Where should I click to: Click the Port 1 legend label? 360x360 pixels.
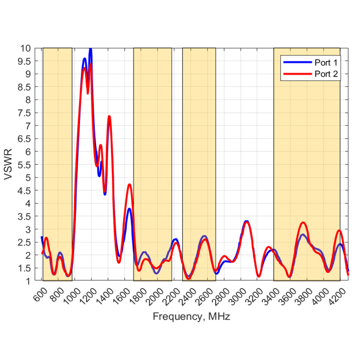(326, 62)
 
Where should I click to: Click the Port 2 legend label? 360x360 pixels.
(326, 74)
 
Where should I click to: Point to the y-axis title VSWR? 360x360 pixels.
(8, 164)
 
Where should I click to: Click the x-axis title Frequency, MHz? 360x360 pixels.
(191, 316)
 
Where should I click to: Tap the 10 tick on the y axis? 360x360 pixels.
(25, 48)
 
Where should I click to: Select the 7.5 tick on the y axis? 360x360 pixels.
(24, 113)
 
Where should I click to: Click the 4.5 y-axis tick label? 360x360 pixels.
(24, 190)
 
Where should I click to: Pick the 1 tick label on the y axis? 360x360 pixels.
(28, 281)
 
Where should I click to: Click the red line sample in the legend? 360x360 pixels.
(297, 74)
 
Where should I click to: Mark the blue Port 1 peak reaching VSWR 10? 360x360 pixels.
(91, 49)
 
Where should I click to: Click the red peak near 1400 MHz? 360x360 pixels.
(109, 117)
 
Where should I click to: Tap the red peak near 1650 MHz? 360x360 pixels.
(130, 185)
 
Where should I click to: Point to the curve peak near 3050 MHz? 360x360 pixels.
(246, 222)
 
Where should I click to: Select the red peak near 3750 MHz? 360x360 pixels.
(303, 223)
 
